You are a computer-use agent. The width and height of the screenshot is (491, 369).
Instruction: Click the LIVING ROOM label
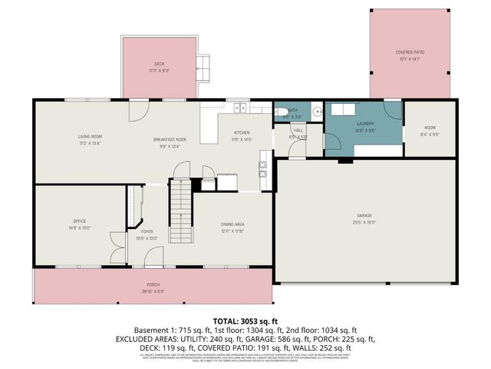tap(90, 137)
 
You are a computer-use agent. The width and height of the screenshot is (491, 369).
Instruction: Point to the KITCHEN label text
tap(242, 132)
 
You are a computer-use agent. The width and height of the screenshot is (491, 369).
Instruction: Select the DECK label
tap(159, 64)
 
